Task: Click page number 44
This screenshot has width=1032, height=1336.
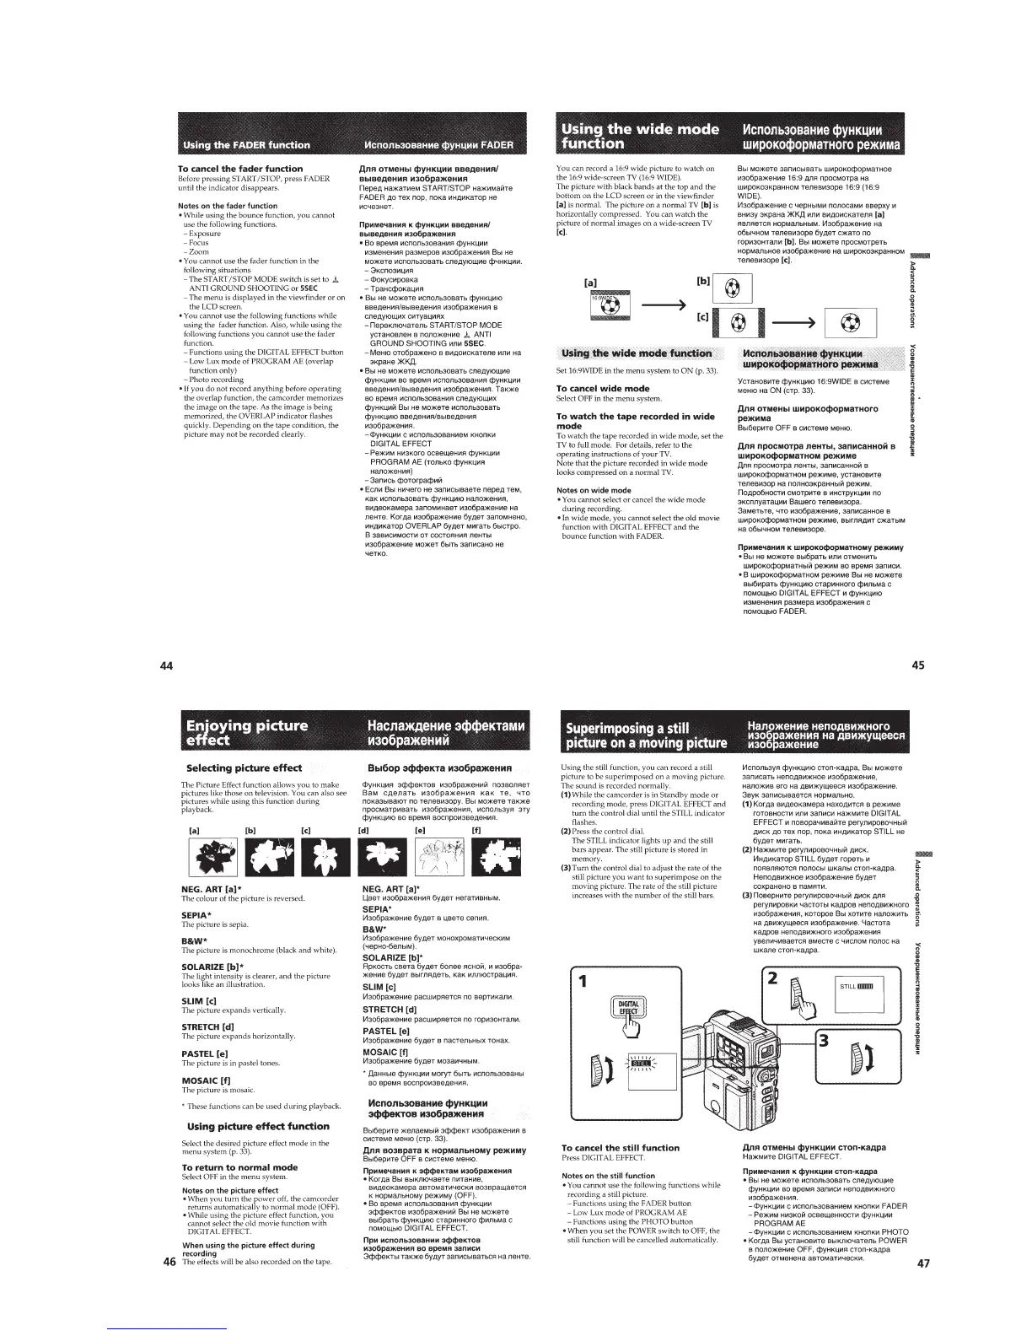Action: click(x=167, y=665)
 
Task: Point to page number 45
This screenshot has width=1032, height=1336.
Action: click(x=918, y=665)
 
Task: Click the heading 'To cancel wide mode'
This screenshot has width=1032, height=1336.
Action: click(x=602, y=388)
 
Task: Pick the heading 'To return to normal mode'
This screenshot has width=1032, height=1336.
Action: click(x=239, y=1167)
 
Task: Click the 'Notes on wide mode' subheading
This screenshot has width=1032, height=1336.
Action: click(x=594, y=490)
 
